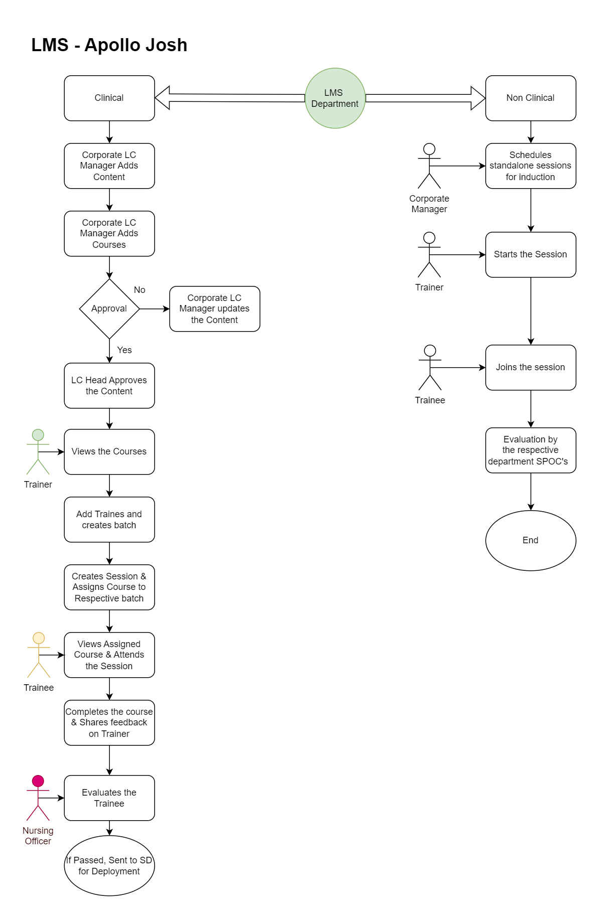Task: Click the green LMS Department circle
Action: click(335, 98)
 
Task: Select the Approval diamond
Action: click(109, 309)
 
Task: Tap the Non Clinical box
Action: click(530, 98)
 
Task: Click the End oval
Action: click(530, 540)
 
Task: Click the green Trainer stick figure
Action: click(38, 451)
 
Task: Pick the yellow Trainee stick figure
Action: click(39, 655)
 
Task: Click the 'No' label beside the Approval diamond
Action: click(139, 290)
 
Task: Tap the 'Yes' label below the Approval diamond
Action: click(124, 350)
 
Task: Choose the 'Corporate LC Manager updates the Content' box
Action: click(214, 309)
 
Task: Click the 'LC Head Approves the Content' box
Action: click(109, 386)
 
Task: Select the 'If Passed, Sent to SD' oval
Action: click(109, 866)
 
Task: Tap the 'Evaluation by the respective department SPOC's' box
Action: click(530, 450)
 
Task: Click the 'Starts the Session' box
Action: click(530, 255)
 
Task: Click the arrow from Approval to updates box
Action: click(155, 309)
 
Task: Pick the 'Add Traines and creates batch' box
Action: click(109, 520)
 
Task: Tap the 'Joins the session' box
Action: click(530, 368)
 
